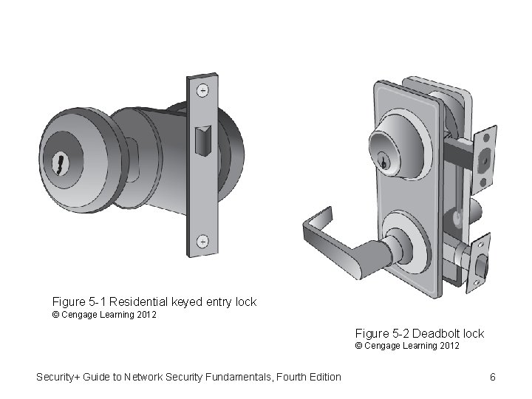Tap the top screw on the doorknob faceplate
point(202,90)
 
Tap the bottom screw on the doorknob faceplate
point(201,241)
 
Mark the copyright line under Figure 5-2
point(407,346)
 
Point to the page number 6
point(492,378)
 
